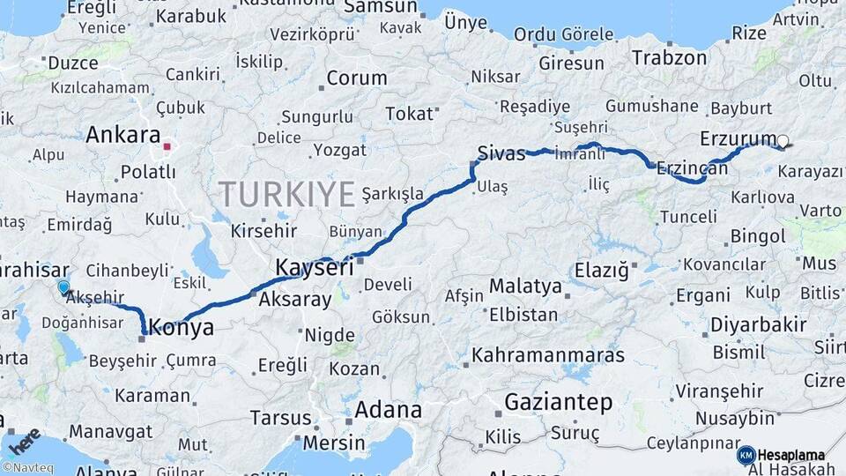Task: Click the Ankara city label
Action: point(122,136)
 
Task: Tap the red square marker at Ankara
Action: point(167,144)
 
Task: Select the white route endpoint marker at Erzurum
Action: point(783,140)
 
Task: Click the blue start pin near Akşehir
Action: point(63,287)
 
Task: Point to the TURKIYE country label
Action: point(286,193)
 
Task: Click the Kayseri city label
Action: point(315,266)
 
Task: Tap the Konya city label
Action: point(182,328)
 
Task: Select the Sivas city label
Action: point(501,152)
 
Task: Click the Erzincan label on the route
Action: point(693,167)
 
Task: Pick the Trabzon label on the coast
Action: point(669,58)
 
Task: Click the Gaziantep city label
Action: point(558,403)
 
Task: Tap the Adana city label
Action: point(388,410)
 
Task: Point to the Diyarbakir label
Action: point(758,324)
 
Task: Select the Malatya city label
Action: point(525,286)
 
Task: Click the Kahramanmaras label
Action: point(548,356)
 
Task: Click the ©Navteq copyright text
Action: point(26,467)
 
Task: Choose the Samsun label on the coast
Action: point(379,7)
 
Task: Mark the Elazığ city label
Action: point(602,269)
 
